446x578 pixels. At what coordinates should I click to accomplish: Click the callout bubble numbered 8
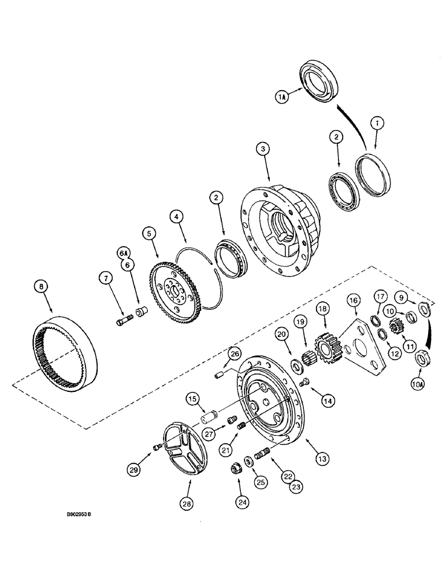pos(40,286)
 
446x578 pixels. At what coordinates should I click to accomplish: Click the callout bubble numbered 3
pos(263,150)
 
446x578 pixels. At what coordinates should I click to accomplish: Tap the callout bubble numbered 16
pos(353,300)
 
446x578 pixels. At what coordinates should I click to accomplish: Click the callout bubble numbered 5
pos(150,234)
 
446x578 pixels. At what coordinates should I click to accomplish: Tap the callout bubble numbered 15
pos(192,399)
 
